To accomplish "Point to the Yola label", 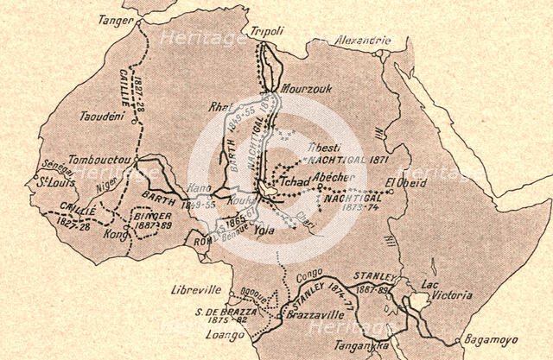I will tap(260, 231).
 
